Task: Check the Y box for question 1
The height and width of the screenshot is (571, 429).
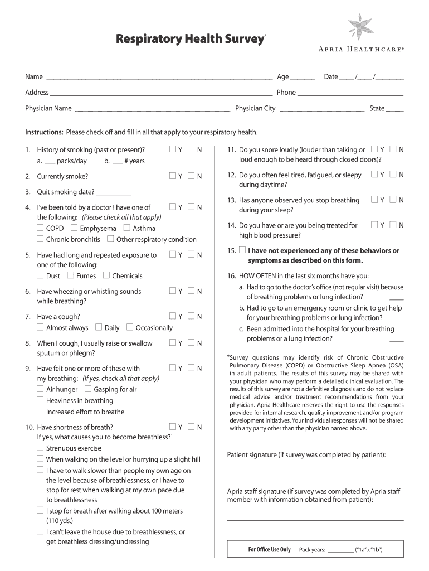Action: (x=173, y=149)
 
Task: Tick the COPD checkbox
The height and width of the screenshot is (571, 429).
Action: (x=40, y=228)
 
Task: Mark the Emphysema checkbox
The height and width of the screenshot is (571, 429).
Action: (x=74, y=228)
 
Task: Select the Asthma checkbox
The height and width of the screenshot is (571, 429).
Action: (x=127, y=228)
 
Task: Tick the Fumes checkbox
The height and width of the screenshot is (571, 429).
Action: (x=70, y=275)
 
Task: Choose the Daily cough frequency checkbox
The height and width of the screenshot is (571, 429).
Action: (x=99, y=327)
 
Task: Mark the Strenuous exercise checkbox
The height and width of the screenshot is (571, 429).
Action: (x=40, y=448)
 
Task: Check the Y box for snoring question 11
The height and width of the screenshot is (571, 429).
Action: (x=374, y=149)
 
